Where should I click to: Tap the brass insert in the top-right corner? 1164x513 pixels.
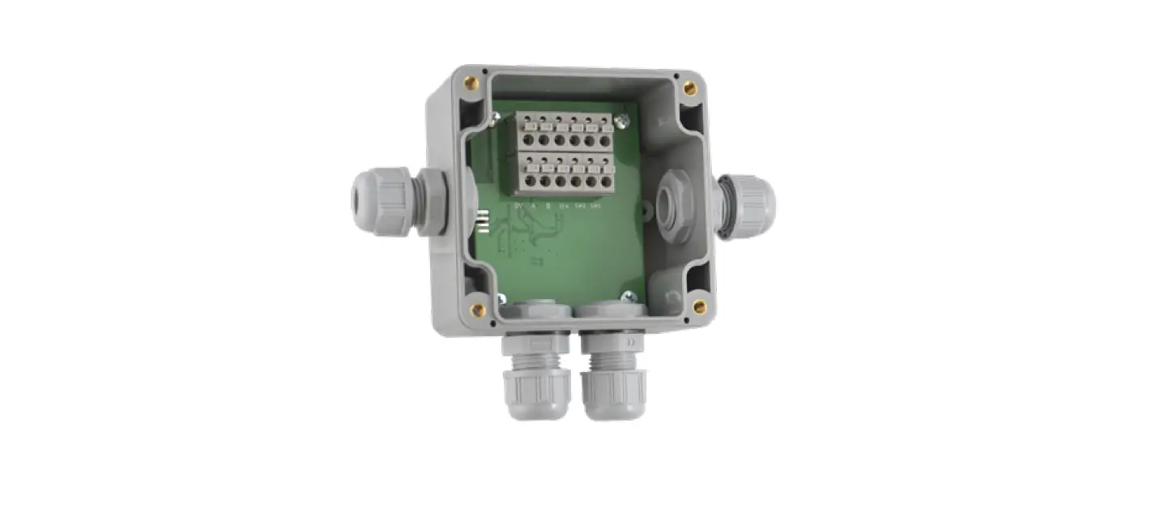689,88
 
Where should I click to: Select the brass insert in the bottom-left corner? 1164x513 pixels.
478,308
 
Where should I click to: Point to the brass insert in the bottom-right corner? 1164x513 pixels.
699,306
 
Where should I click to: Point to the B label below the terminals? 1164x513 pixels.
548,207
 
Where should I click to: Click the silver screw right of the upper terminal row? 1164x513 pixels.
621,122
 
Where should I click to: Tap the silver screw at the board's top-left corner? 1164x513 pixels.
495,120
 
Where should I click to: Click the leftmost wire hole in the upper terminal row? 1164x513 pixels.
529,140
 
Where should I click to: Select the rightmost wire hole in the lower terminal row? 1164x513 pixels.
604,182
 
